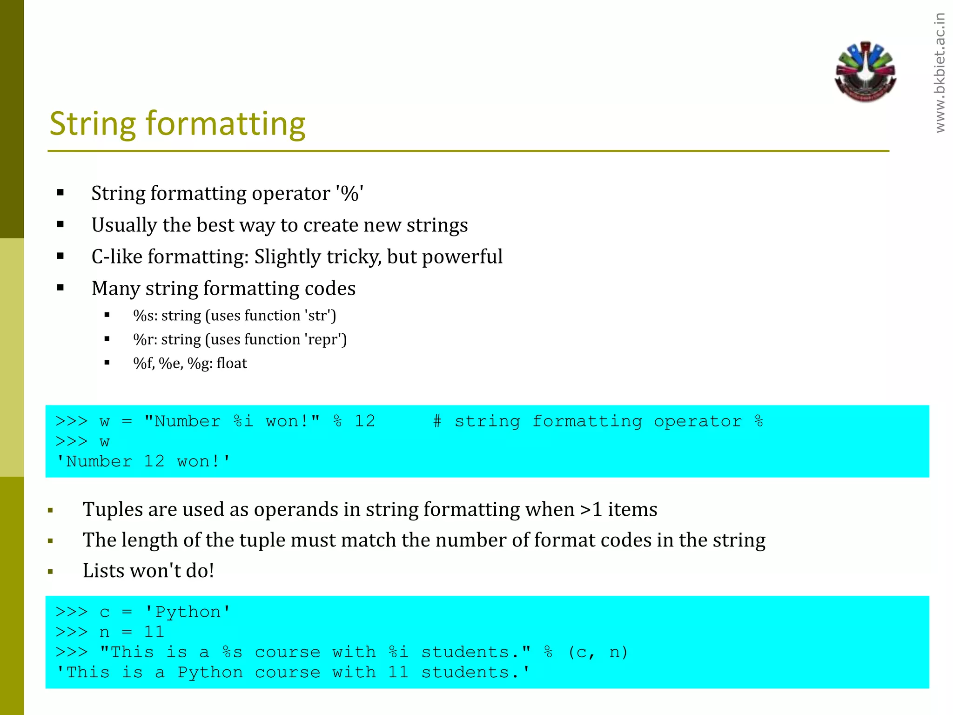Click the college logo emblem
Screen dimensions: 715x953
coord(865,72)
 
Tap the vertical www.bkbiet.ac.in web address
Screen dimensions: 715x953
coord(940,73)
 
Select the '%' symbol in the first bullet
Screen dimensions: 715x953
coord(349,194)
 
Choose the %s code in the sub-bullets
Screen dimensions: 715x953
coord(145,316)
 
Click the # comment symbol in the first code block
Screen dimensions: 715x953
coord(437,421)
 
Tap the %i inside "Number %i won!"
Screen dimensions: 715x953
coord(243,421)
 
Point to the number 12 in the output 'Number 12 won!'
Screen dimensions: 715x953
coord(154,462)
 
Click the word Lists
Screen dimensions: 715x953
coord(103,571)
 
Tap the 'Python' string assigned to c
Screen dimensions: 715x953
coord(188,612)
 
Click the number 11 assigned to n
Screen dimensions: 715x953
coord(154,632)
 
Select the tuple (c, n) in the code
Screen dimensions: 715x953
coord(597,653)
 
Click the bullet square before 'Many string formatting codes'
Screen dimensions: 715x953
coord(60,288)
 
